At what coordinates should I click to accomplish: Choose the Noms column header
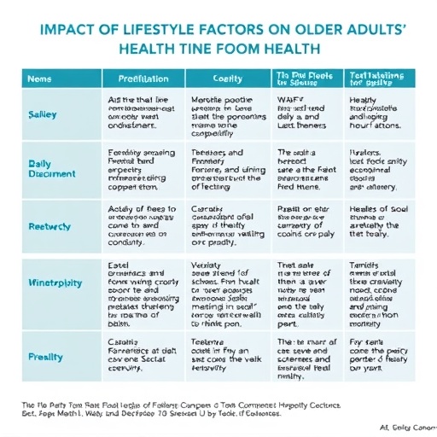point(40,78)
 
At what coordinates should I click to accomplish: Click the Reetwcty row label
point(47,228)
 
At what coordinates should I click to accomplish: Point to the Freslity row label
point(45,358)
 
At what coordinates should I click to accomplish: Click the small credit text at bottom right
point(395,427)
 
